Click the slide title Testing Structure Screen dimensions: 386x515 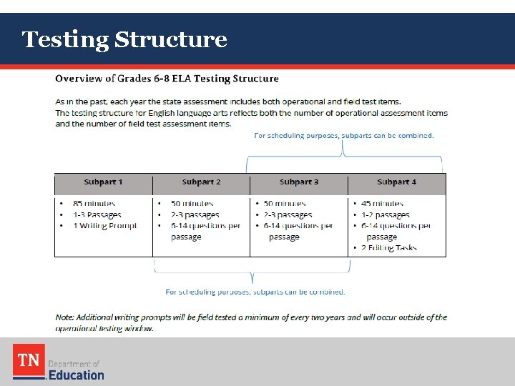pyautogui.click(x=124, y=39)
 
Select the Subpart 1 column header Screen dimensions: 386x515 pyautogui.click(x=103, y=182)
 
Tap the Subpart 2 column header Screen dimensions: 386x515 pyautogui.click(x=201, y=182)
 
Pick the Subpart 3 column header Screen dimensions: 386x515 pyautogui.click(x=299, y=182)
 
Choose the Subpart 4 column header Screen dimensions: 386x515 pyautogui.click(x=396, y=182)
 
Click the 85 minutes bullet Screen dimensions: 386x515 pyautogui.click(x=93, y=204)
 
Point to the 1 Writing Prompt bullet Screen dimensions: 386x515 pyautogui.click(x=104, y=226)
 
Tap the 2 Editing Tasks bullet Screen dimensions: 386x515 pyautogui.click(x=389, y=248)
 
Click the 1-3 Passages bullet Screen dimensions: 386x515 pyautogui.click(x=97, y=214)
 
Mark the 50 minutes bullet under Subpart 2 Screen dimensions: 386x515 pyautogui.click(x=192, y=204)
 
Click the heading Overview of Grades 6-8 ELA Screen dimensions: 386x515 pyautogui.click(x=167, y=79)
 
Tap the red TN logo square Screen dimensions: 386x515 pyautogui.click(x=29, y=360)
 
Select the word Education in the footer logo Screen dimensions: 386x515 pyautogui.click(x=77, y=375)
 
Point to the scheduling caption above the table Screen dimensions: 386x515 pyautogui.click(x=344, y=135)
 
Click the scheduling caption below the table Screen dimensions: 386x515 pyautogui.click(x=255, y=292)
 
